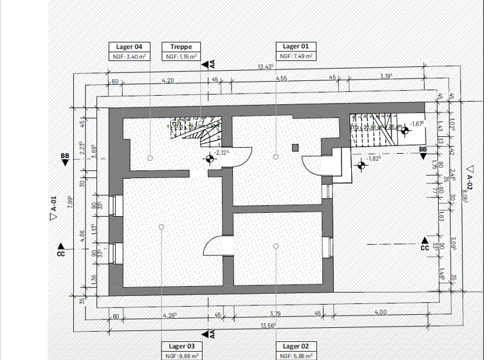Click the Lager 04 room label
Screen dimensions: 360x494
133,46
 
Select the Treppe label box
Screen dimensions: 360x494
181,46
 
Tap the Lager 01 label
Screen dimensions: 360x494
296,46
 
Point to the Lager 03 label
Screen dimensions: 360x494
181,346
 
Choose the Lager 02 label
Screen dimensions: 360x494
296,346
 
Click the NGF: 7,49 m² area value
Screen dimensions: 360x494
296,57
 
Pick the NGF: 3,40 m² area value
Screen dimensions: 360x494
133,57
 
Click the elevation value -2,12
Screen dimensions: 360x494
223,152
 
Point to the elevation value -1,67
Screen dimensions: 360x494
417,124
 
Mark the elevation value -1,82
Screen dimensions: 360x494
374,159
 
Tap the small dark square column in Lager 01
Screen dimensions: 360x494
295,147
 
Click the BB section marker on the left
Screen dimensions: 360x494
64,156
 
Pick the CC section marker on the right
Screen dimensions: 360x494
425,247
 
